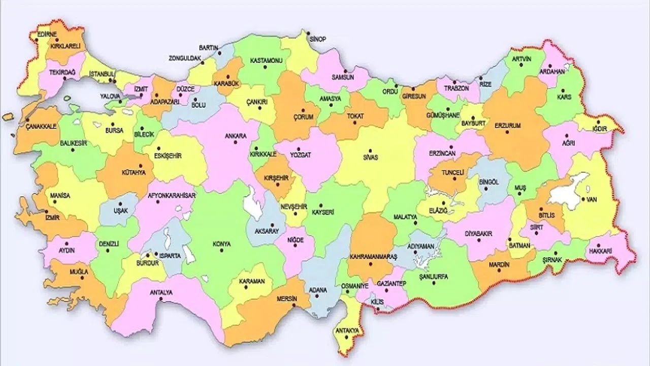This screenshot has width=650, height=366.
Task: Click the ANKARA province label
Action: coord(236,136)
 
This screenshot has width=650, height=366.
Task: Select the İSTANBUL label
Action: coord(103,74)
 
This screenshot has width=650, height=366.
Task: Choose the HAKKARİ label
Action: coord(602,251)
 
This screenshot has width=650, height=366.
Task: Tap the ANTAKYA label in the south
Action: coord(347,330)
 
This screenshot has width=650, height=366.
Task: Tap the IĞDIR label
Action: coord(600,128)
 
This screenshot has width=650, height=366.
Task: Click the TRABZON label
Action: coord(455,87)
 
